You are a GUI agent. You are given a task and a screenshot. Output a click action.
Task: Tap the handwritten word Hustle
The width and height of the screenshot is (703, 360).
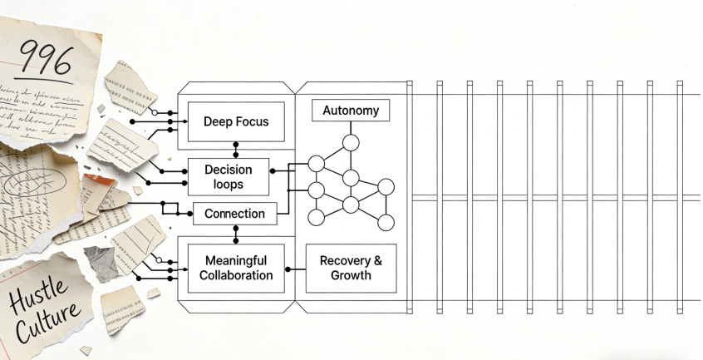pyautogui.click(x=34, y=296)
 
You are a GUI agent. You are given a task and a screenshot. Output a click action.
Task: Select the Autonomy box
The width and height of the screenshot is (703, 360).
pyautogui.click(x=351, y=111)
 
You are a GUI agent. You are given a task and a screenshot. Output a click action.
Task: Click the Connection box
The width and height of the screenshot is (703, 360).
pyautogui.click(x=234, y=214)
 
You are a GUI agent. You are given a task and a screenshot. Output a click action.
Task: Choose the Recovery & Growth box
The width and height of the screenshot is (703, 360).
pyautogui.click(x=351, y=268)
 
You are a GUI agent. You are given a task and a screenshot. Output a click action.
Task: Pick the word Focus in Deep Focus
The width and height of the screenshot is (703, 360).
pyautogui.click(x=253, y=122)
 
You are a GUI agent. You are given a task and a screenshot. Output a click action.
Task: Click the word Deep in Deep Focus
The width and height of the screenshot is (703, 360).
pyautogui.click(x=218, y=122)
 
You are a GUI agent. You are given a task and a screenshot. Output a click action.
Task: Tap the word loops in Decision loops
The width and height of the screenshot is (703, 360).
pyautogui.click(x=228, y=184)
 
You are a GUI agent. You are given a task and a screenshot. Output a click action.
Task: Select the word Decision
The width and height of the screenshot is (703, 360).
pyautogui.click(x=228, y=170)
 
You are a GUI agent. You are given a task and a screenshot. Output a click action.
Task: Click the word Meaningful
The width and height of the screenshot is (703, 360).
pyautogui.click(x=236, y=261)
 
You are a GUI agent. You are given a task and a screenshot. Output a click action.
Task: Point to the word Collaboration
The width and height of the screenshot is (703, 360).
pyautogui.click(x=236, y=276)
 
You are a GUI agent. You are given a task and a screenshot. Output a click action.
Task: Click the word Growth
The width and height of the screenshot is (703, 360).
pyautogui.click(x=351, y=276)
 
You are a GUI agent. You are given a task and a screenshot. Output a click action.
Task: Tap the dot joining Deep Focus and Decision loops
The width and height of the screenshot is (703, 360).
pyautogui.click(x=236, y=155)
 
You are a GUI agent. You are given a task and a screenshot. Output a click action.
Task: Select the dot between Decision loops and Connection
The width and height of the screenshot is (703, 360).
pyautogui.click(x=235, y=200)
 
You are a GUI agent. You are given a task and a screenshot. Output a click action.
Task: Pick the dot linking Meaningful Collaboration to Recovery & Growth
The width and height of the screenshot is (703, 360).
pyautogui.click(x=288, y=269)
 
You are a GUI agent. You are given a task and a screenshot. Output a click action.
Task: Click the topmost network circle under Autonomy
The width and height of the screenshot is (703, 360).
pyautogui.click(x=351, y=142)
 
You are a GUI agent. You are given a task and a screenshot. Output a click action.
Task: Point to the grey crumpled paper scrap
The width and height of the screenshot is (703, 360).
pyautogui.click(x=101, y=262)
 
